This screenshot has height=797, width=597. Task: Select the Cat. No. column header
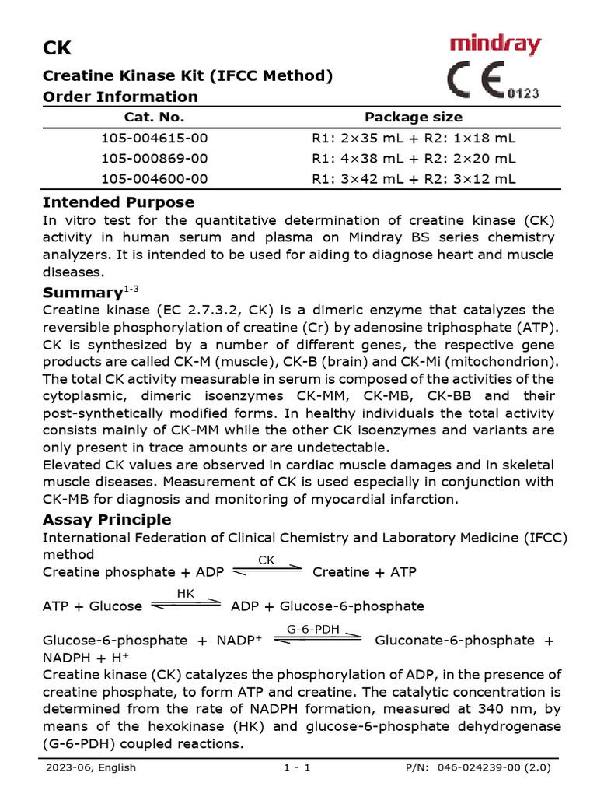(x=155, y=117)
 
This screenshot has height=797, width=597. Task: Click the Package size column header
(x=414, y=117)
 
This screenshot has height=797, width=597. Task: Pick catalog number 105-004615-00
(x=155, y=139)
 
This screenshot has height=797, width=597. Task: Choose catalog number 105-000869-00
(x=155, y=158)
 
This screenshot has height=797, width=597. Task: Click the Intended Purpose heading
(x=118, y=202)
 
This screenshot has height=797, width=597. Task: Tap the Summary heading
(x=82, y=293)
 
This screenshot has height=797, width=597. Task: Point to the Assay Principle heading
(x=106, y=519)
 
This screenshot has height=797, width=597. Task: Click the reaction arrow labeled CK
(x=267, y=570)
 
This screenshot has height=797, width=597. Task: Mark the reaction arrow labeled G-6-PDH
(x=319, y=637)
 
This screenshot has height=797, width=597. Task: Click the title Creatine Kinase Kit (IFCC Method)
(x=187, y=75)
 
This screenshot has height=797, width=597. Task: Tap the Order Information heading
(x=120, y=97)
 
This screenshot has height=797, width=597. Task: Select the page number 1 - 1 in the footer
(x=298, y=767)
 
